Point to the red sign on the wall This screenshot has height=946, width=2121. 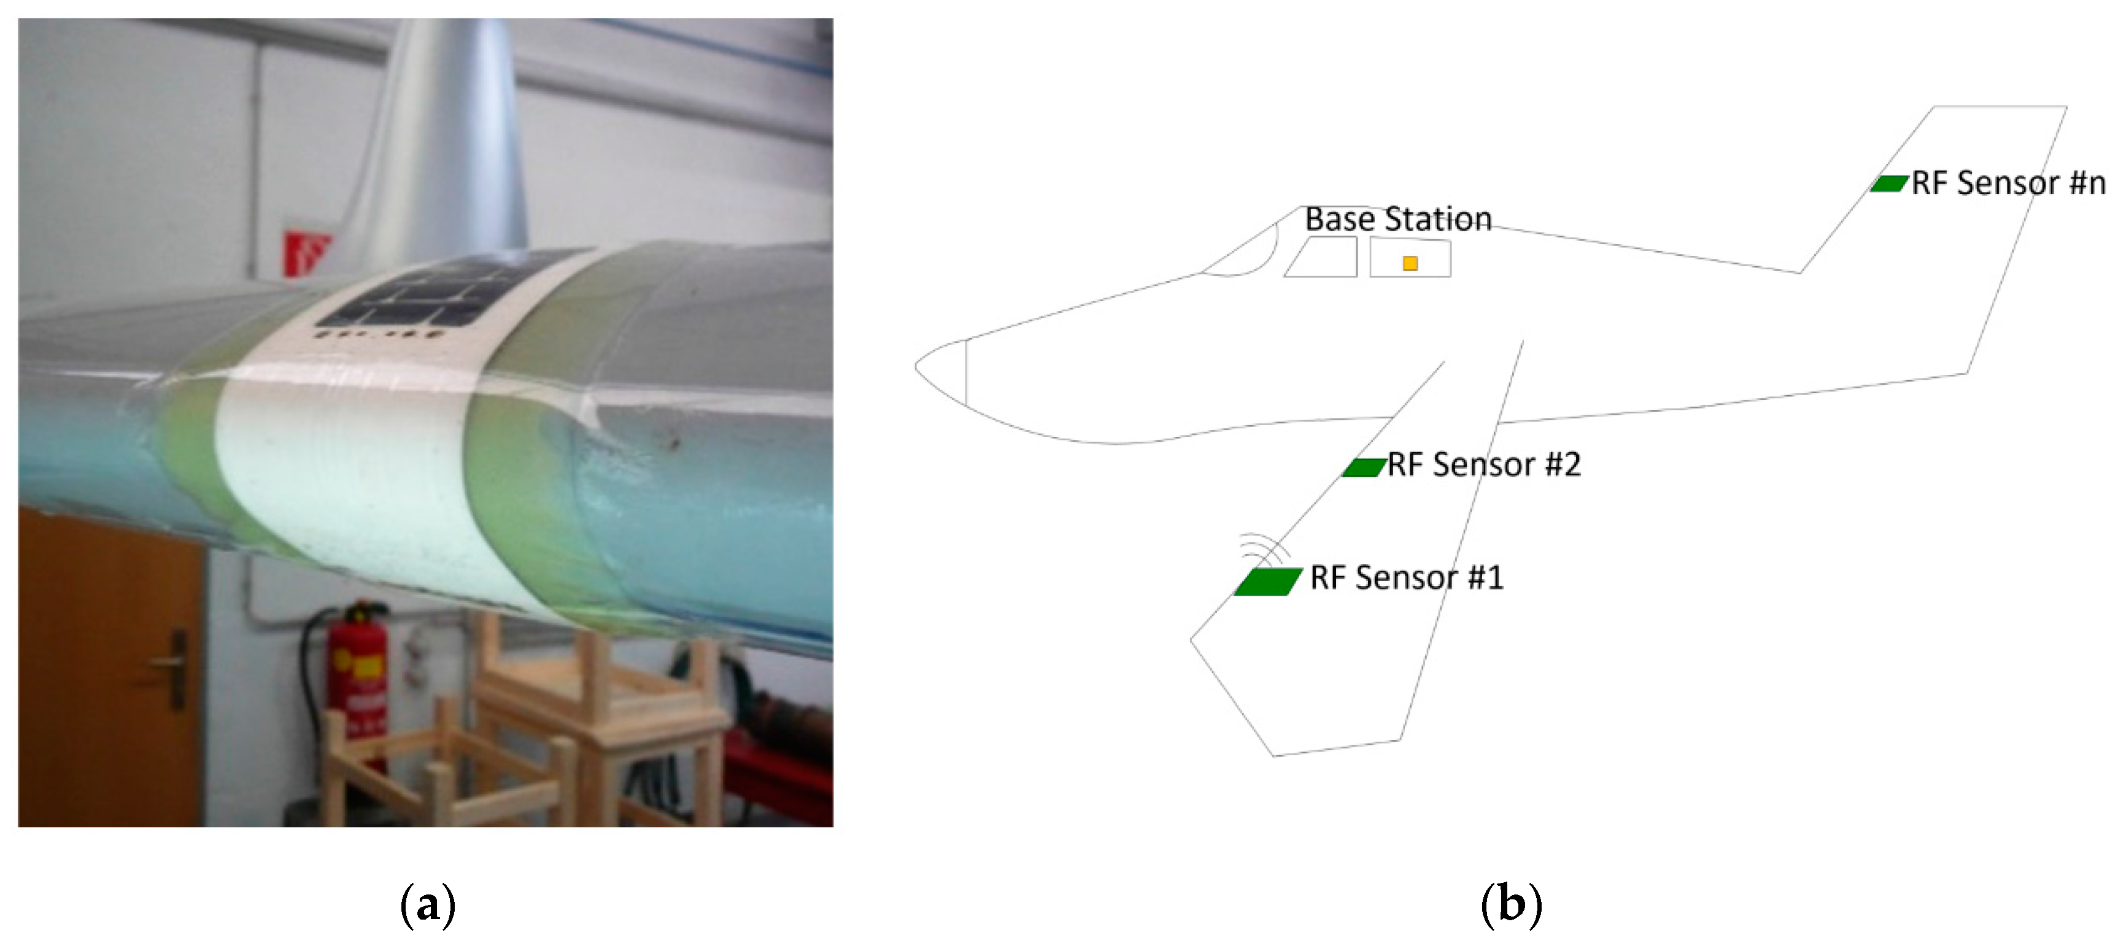tap(306, 251)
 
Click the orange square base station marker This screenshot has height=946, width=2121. tap(1410, 263)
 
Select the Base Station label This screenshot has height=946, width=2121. tap(1397, 219)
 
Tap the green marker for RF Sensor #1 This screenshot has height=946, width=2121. tap(1267, 581)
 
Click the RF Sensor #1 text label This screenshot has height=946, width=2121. tap(1406, 578)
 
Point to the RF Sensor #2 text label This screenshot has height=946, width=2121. tap(1484, 465)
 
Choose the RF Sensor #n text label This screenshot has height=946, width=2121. tap(2007, 183)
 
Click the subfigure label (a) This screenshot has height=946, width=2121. tap(427, 905)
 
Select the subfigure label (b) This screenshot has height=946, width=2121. tap(1510, 905)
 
